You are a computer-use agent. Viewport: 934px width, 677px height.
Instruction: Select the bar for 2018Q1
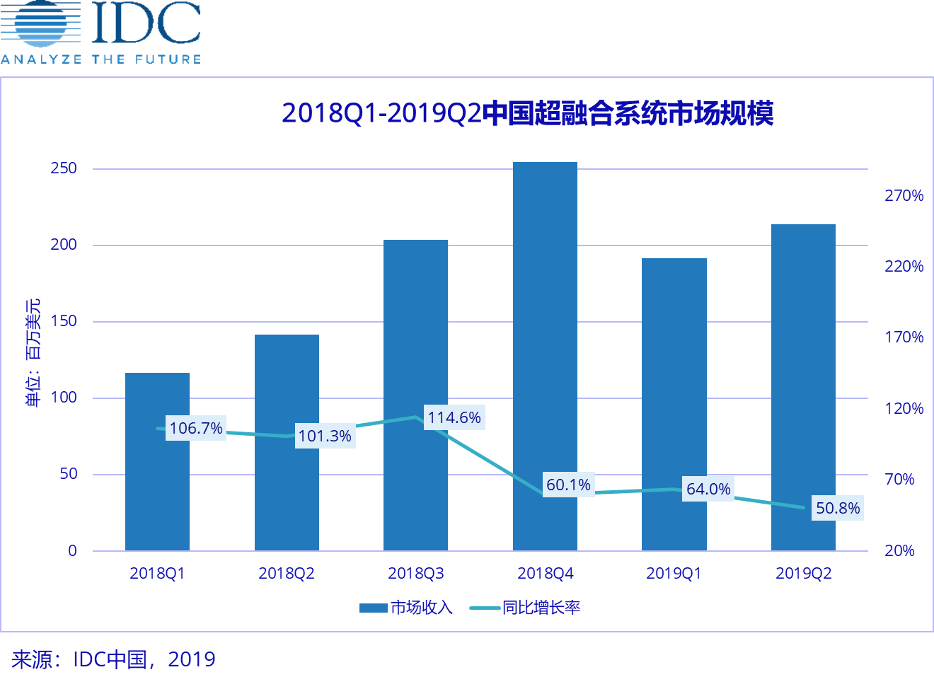(157, 495)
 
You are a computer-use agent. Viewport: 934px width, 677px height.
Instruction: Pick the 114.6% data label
(454, 417)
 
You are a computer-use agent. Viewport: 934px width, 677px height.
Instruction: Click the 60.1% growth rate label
(568, 485)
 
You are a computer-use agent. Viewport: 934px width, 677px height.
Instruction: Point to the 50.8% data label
(838, 508)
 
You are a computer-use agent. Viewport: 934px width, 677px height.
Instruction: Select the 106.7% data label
(196, 428)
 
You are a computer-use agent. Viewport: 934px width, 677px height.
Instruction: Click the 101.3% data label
(325, 436)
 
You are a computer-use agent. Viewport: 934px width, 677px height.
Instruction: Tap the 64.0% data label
(708, 489)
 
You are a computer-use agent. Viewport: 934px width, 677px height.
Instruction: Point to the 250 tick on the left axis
(64, 168)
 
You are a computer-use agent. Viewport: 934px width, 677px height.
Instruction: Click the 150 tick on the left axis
(64, 321)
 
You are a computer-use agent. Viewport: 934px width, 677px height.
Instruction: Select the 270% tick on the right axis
(904, 196)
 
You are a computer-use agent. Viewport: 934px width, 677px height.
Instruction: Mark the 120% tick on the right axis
(904, 409)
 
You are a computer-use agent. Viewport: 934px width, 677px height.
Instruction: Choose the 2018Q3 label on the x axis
(416, 573)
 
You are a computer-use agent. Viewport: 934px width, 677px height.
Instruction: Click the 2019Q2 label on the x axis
(803, 573)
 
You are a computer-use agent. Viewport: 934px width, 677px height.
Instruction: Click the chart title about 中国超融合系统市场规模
(527, 113)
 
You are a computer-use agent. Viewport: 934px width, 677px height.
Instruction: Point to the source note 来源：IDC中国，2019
(113, 659)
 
